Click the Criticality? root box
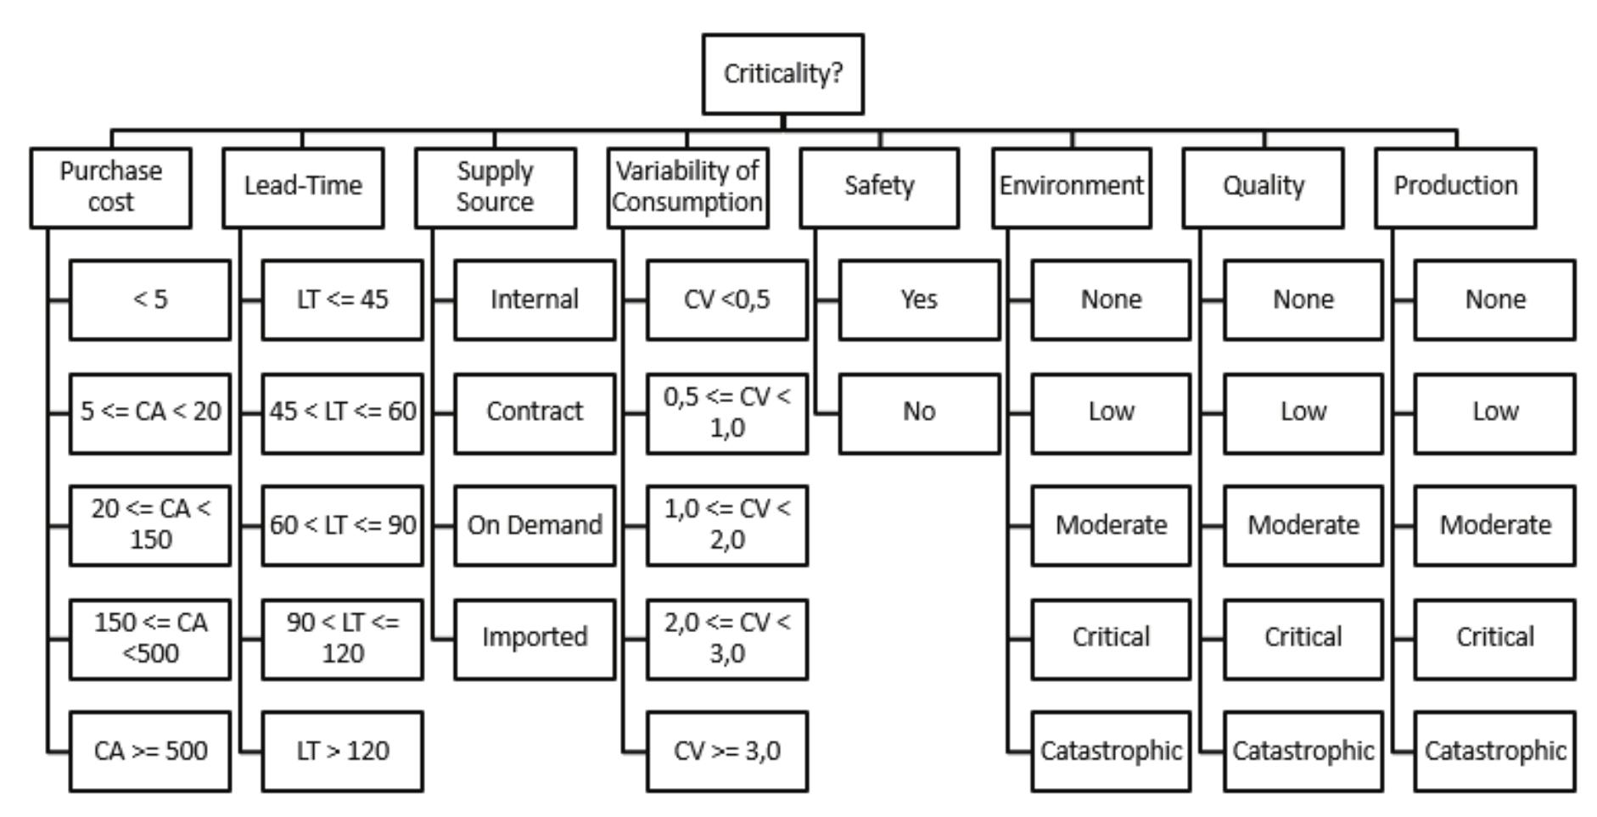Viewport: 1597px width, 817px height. click(x=782, y=74)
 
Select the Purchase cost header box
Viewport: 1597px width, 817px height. click(x=110, y=187)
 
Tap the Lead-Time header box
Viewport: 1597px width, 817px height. click(x=303, y=187)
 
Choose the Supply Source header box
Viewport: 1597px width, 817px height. click(x=496, y=187)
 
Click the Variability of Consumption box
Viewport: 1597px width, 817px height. click(x=687, y=187)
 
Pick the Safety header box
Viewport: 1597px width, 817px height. click(x=879, y=187)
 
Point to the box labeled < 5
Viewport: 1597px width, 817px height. click(x=150, y=299)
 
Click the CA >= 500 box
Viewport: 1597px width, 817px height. click(x=150, y=751)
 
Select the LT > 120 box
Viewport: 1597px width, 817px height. click(x=342, y=751)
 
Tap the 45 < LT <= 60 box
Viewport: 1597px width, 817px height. click(x=342, y=412)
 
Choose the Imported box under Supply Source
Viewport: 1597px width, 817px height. click(x=535, y=638)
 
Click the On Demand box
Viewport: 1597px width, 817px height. click(x=535, y=525)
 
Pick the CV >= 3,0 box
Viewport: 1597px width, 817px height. click(x=727, y=751)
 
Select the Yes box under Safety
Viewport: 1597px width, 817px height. click(x=919, y=299)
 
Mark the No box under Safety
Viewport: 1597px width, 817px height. click(x=919, y=412)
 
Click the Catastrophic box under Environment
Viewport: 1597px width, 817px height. click(x=1111, y=751)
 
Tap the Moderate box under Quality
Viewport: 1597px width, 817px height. click(x=1303, y=525)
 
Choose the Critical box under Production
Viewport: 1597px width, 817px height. click(x=1494, y=638)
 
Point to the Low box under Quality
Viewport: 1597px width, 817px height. click(x=1303, y=412)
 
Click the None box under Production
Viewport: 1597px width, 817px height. click(x=1494, y=299)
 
